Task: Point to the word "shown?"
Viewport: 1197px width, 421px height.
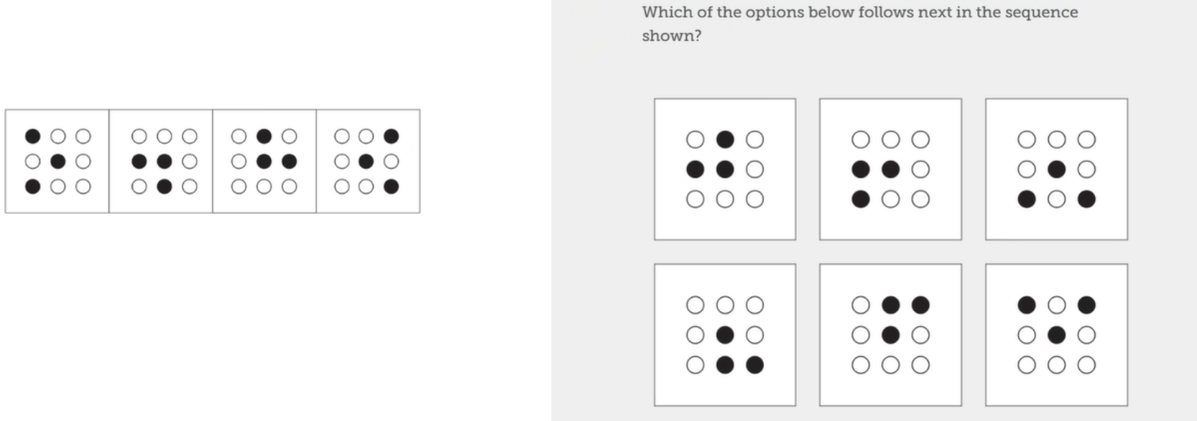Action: [x=671, y=36]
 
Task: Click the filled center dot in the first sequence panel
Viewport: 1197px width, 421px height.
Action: [x=58, y=161]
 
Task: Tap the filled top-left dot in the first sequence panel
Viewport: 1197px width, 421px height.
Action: [x=33, y=136]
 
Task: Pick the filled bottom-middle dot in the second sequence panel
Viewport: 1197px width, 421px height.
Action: [x=165, y=187]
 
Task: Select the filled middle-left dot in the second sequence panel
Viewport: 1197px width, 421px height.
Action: [x=139, y=161]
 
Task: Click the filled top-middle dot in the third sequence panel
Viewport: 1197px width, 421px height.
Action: [x=264, y=136]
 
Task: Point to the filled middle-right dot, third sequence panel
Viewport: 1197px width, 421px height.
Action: [x=290, y=161]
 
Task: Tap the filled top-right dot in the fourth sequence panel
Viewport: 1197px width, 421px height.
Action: [x=392, y=136]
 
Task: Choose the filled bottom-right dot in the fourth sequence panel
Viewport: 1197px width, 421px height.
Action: [x=392, y=187]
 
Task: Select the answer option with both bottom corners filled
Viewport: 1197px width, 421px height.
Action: [x=1056, y=169]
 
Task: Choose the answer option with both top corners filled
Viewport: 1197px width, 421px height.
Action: [x=1056, y=335]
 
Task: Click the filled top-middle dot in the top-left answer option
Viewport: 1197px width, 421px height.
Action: [x=725, y=139]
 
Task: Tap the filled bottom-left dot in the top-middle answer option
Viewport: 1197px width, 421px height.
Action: [x=861, y=199]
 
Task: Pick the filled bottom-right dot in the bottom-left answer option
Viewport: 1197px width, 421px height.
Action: [x=755, y=365]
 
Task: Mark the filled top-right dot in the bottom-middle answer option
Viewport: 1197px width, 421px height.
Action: [x=920, y=305]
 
